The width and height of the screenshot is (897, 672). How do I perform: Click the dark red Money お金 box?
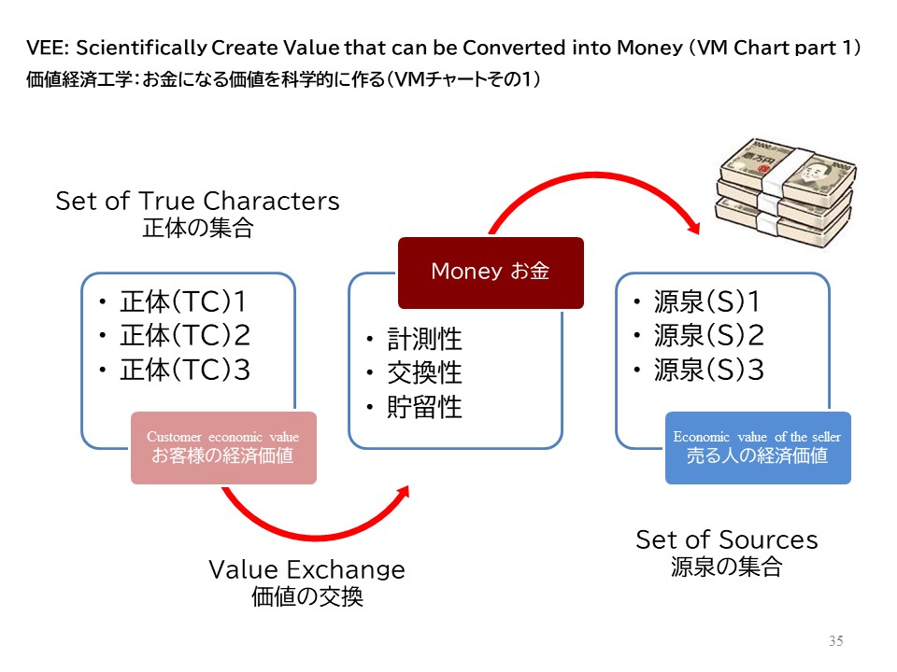[x=491, y=273]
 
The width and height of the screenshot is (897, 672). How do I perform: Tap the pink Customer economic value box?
[x=223, y=447]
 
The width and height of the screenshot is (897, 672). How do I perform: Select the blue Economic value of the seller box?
[x=758, y=447]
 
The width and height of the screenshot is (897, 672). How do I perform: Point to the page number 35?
[x=835, y=641]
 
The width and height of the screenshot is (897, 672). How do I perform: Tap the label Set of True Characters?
[x=197, y=201]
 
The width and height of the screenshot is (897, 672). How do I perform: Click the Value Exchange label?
[x=306, y=569]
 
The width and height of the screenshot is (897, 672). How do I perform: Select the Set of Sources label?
[x=726, y=539]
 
